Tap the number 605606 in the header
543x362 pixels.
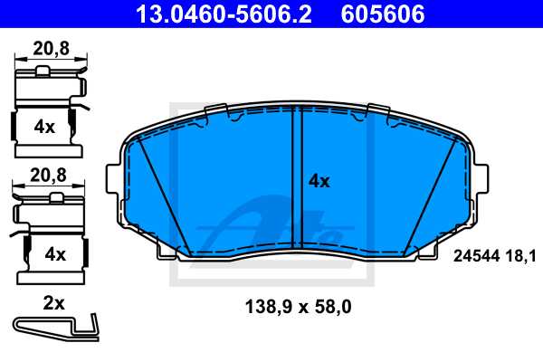point(381,14)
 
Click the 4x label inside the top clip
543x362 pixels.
point(44,127)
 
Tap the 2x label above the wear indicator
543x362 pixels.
point(53,303)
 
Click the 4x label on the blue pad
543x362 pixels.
point(319,180)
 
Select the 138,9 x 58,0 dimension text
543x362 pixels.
point(299,307)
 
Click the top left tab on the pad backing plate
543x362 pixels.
point(217,111)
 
